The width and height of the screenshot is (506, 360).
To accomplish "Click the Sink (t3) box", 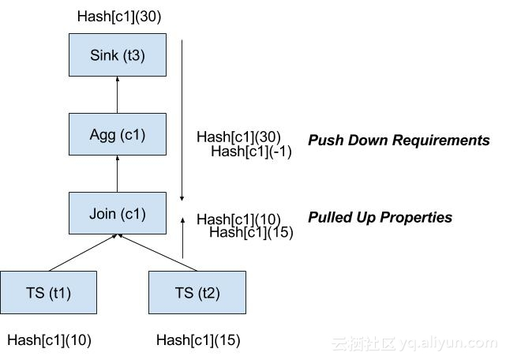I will pos(118,55).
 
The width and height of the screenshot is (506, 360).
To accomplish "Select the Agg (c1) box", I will pos(118,133).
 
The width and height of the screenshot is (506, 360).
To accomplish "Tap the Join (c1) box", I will pos(118,212).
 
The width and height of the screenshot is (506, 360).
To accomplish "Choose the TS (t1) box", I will pos(48,292).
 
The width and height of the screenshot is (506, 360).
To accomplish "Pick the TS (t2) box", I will pos(197,292).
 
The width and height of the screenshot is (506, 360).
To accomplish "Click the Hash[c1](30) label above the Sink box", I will pos(119,17).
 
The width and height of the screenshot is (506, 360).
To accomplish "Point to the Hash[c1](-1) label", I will pos(251,152).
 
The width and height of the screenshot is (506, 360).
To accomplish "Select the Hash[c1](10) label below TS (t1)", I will pos(49,340).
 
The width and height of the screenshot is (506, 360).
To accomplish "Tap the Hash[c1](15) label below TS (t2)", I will pos(198,340).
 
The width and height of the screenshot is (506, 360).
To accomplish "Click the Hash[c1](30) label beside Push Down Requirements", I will pos(238,137).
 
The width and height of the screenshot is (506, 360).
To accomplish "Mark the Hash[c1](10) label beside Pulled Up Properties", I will pos(238,219).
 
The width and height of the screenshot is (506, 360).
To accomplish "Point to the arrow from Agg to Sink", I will pos(118,95).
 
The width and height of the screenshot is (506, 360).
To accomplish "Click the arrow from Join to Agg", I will pos(118,173).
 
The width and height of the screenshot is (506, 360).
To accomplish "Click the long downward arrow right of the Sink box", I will pos(182,118).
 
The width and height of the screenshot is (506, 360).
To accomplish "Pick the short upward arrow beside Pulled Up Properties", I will pos(182,237).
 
